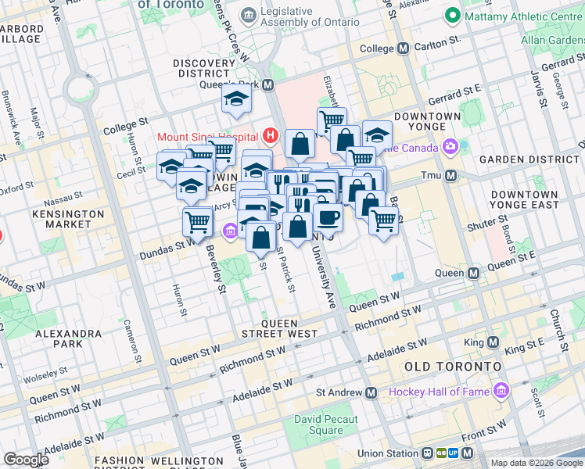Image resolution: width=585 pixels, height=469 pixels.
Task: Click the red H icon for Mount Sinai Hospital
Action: pyautogui.click(x=271, y=136)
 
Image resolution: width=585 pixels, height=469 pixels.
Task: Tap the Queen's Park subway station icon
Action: pyautogui.click(x=267, y=85)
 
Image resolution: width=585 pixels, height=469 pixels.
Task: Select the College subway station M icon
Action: pyautogui.click(x=404, y=48)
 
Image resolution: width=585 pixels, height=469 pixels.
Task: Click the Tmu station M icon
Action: pyautogui.click(x=450, y=176)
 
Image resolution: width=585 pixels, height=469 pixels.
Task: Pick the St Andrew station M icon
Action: pyautogui.click(x=371, y=392)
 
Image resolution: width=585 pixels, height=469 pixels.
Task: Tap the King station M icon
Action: pyautogui.click(x=493, y=342)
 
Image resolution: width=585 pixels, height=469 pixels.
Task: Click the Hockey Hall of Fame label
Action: pyautogui.click(x=437, y=392)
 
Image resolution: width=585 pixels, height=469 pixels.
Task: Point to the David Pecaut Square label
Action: pyautogui.click(x=326, y=425)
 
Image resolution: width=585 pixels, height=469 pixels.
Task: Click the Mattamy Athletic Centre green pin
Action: pyautogui.click(x=452, y=16)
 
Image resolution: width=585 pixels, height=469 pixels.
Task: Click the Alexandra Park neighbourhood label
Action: pyautogui.click(x=69, y=338)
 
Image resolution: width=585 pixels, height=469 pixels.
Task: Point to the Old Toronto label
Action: pyautogui.click(x=452, y=366)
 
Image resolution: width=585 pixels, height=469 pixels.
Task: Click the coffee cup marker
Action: pyautogui.click(x=328, y=217)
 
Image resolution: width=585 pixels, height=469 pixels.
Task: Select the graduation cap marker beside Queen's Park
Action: pyautogui.click(x=235, y=98)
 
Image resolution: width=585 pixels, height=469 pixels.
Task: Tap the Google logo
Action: pyautogui.click(x=26, y=460)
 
